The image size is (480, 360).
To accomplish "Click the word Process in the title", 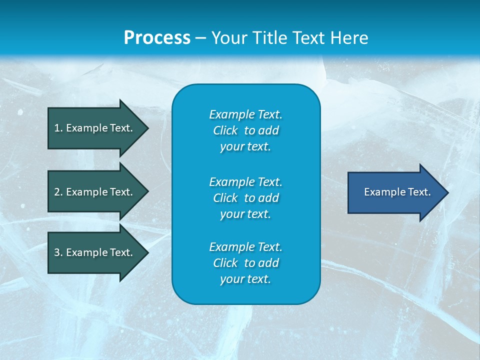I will (157, 38).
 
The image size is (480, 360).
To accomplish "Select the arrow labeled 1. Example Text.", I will (95, 128).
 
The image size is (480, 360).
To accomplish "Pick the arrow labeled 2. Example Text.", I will (95, 192).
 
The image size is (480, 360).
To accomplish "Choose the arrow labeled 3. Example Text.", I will (95, 252).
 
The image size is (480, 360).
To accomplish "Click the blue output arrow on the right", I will (395, 192).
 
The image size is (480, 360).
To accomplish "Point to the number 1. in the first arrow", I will (58, 128).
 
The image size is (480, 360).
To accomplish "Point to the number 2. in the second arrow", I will (58, 192).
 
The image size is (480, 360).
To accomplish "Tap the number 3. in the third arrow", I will (58, 252).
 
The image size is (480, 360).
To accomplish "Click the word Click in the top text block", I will (225, 130).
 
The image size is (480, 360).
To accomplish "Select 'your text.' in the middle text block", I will (245, 214).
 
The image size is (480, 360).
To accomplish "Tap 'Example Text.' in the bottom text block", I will (245, 247).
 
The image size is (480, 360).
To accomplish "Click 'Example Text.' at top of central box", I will (245, 114).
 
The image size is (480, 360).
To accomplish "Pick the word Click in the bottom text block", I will (225, 263).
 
